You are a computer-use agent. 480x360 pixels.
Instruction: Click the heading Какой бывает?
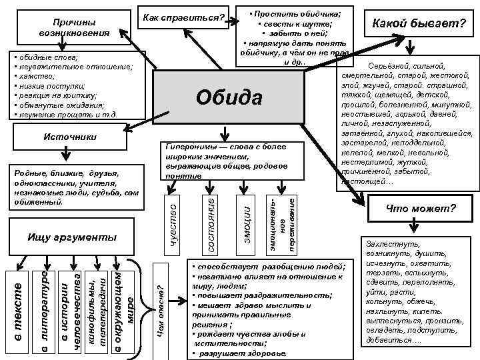pos(418,25)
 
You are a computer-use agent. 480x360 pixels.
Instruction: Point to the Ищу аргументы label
pos(72,237)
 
